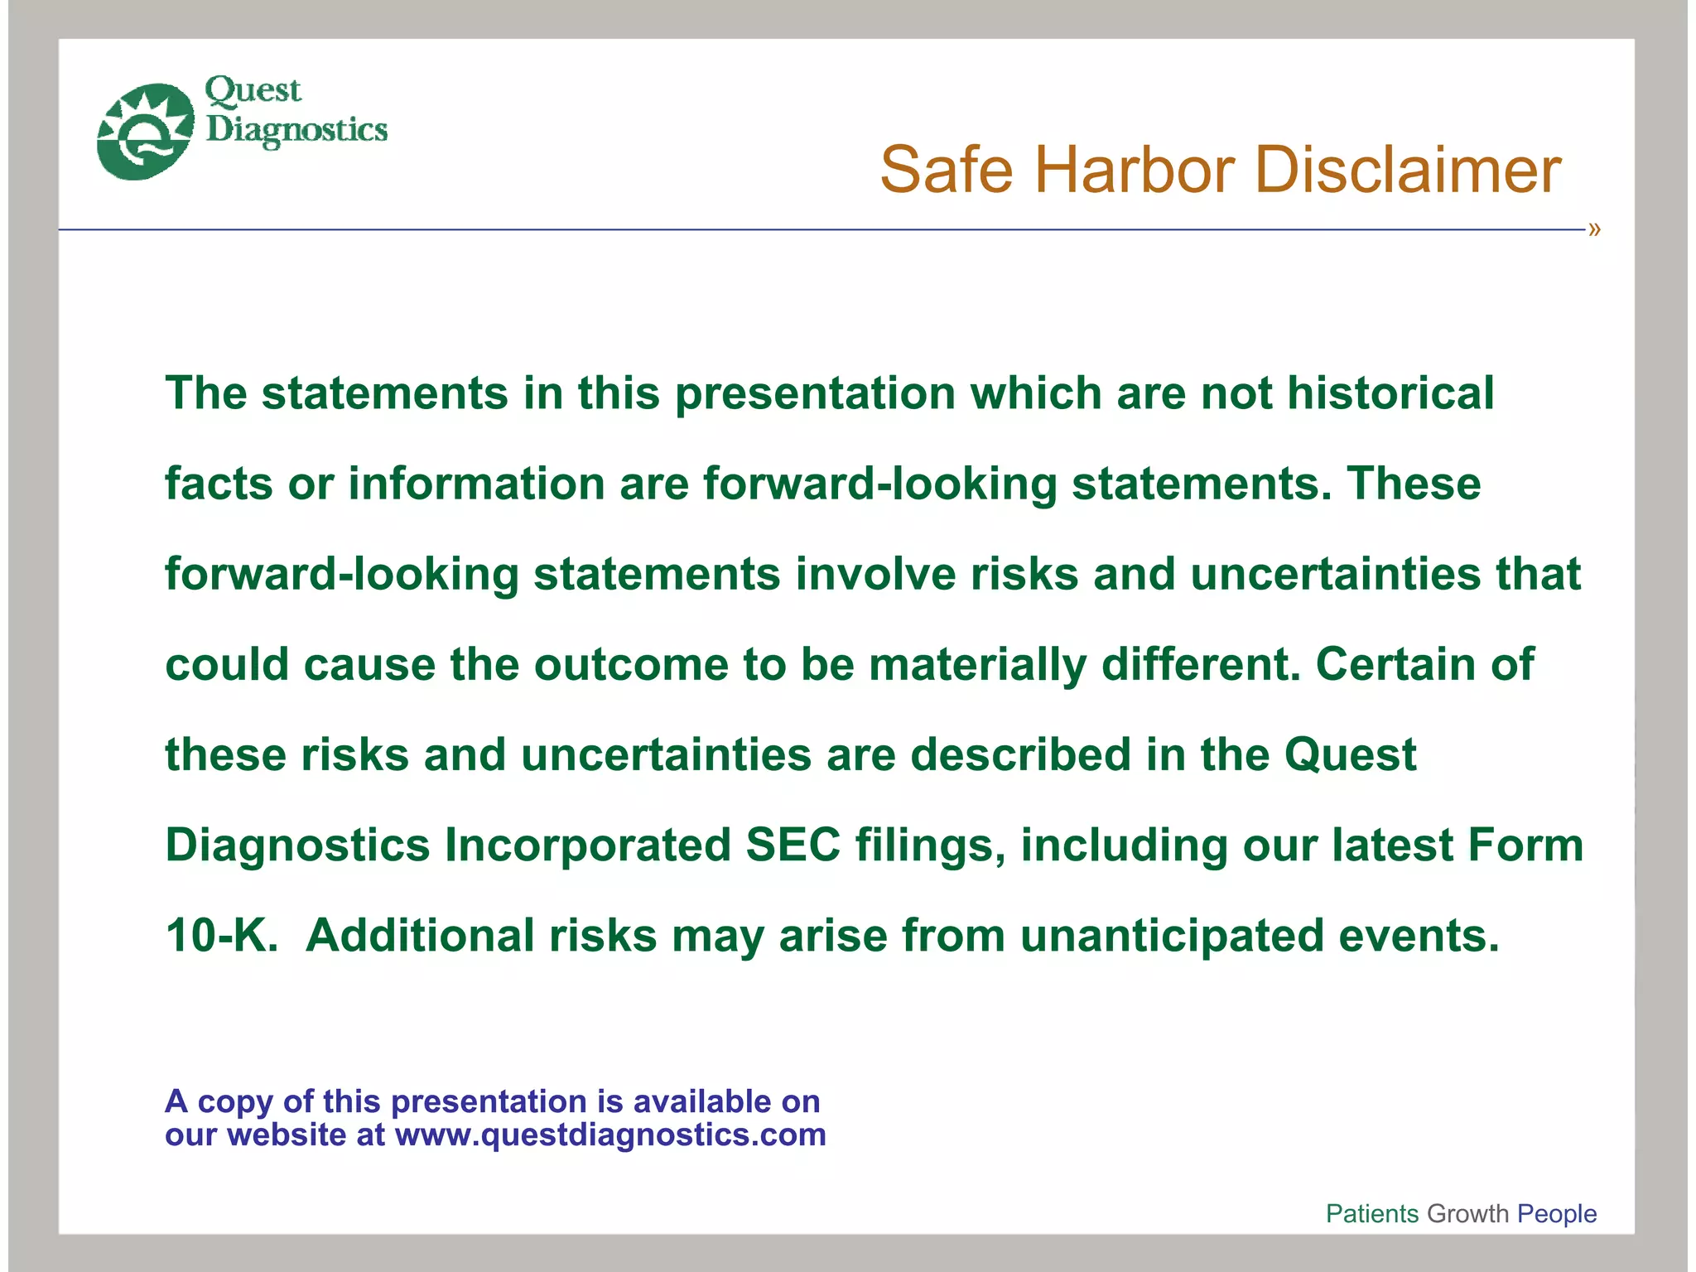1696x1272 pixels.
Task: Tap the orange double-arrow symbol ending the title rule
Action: [x=1594, y=229]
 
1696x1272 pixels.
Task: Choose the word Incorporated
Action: [x=588, y=846]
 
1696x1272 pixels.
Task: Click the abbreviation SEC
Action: [x=793, y=846]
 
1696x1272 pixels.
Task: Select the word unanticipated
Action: [x=1172, y=937]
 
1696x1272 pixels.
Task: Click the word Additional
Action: [x=420, y=936]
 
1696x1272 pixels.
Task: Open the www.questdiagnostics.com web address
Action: [x=610, y=1135]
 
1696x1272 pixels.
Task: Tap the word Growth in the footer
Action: [x=1468, y=1213]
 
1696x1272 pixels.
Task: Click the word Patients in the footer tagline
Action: [x=1372, y=1213]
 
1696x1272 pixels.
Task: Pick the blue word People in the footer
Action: [x=1557, y=1213]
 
